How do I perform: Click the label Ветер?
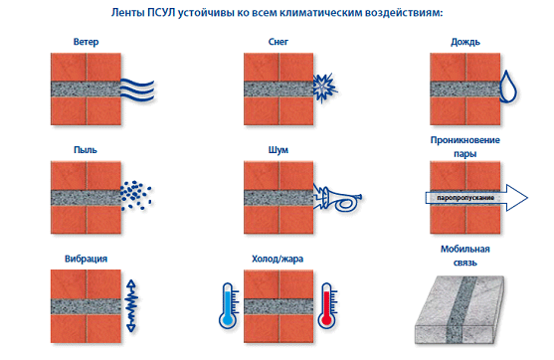click(x=86, y=42)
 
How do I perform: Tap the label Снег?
click(x=278, y=42)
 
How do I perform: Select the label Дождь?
click(x=464, y=42)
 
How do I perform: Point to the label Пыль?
click(x=86, y=150)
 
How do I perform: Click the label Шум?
click(x=278, y=150)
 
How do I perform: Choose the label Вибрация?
click(x=86, y=259)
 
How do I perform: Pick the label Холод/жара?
click(x=277, y=259)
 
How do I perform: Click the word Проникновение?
click(x=464, y=140)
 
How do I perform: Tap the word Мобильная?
click(x=464, y=249)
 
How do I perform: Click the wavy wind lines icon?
click(x=138, y=90)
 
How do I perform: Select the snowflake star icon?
click(x=324, y=88)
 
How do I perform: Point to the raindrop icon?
click(x=508, y=87)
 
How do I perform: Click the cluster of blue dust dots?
click(x=136, y=195)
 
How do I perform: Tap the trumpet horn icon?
click(x=337, y=199)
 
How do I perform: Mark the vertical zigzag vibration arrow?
click(x=131, y=306)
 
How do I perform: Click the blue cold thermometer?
click(x=228, y=306)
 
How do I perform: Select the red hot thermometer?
click(x=327, y=306)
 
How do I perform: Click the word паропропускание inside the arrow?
click(x=465, y=198)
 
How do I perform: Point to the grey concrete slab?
click(x=459, y=310)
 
